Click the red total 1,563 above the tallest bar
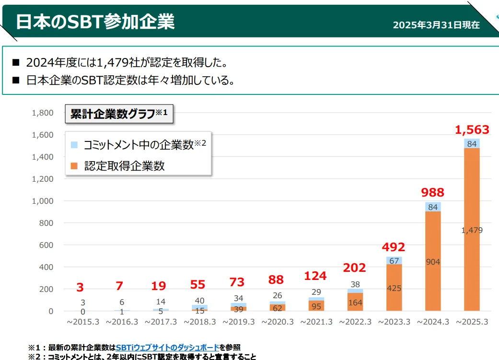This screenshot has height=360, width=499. (x=472, y=129)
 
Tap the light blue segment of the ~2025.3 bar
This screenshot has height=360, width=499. (x=472, y=143)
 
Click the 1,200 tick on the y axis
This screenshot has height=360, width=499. (x=43, y=179)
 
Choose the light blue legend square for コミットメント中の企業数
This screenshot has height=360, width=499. (x=74, y=144)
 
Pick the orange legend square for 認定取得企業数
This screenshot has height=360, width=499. (x=74, y=166)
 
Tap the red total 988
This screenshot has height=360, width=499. (x=433, y=193)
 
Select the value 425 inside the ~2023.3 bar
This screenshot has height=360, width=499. (x=394, y=288)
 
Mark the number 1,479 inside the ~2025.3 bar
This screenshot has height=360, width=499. (x=472, y=231)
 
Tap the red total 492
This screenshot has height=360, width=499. (x=394, y=247)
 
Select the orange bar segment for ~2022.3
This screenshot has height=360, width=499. (x=355, y=303)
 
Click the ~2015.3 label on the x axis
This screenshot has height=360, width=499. (x=83, y=322)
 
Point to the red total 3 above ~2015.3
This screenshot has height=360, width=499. (x=80, y=288)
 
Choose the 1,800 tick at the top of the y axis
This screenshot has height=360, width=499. (x=43, y=113)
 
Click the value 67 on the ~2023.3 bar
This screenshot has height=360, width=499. (x=394, y=260)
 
